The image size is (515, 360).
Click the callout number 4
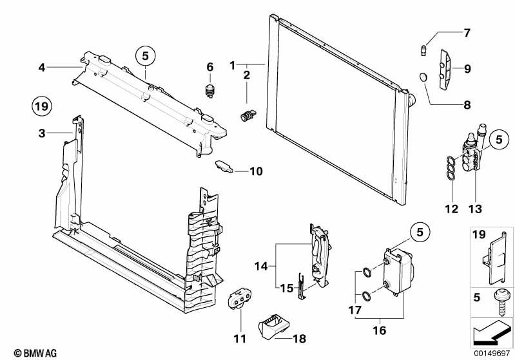(41, 66)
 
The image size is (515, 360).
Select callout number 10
(256, 171)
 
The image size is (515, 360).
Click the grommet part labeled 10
(223, 166)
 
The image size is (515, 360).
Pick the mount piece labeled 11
(238, 301)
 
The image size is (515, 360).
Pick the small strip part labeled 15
(300, 286)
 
